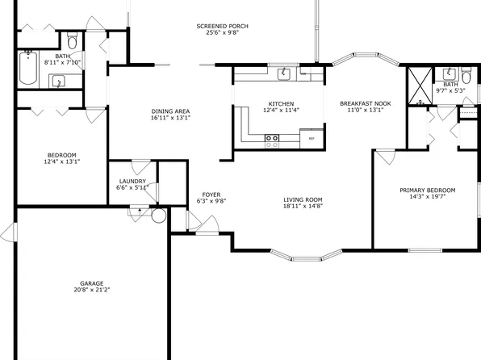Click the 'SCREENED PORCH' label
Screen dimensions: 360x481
222,27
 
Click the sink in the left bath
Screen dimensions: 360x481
58,80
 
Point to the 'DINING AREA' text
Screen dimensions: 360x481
170,111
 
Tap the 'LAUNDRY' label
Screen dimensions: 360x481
132,182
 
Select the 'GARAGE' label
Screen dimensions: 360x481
91,283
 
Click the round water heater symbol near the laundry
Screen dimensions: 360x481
157,216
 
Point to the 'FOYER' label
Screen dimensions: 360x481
211,195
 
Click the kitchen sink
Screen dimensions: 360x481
285,75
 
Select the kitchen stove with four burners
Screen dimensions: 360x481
273,139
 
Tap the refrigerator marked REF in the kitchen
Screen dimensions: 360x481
312,139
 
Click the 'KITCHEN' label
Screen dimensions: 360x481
281,103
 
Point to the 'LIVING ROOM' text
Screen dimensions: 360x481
303,199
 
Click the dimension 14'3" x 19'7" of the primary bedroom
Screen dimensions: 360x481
428,197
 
